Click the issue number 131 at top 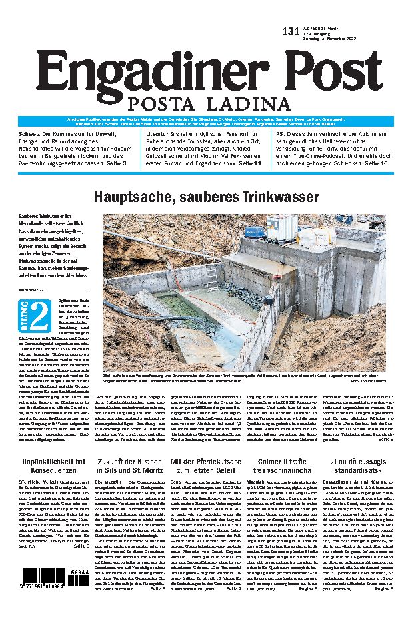pyautogui.click(x=291, y=31)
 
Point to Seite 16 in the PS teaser pyautogui.click(x=391, y=162)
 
